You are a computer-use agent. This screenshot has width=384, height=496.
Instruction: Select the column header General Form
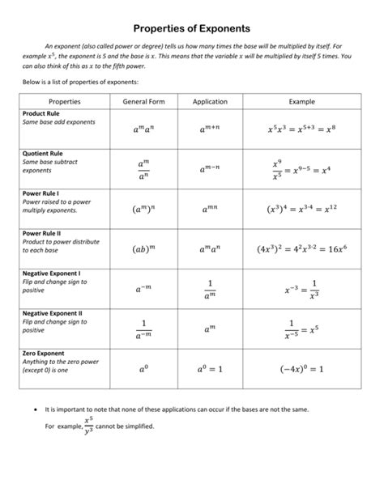143,101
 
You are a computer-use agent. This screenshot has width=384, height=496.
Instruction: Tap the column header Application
210,101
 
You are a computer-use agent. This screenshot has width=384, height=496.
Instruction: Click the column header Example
301,101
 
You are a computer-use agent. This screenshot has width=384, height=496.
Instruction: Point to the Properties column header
65,101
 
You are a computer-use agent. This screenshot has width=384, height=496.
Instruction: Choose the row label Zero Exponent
48,353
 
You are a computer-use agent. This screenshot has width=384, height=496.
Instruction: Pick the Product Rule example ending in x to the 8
301,129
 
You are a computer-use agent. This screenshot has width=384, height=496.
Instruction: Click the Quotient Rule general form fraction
143,169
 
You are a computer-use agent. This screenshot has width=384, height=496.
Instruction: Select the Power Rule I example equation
301,209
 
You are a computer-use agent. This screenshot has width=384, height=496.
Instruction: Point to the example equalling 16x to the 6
301,249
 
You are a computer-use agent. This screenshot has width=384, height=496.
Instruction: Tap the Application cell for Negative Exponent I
210,289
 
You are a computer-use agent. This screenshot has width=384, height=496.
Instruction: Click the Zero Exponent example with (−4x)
301,369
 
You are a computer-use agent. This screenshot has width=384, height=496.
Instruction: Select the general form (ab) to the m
143,249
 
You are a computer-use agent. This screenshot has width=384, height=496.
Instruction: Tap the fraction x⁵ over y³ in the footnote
88,426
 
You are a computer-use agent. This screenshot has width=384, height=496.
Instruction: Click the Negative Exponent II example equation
301,329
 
